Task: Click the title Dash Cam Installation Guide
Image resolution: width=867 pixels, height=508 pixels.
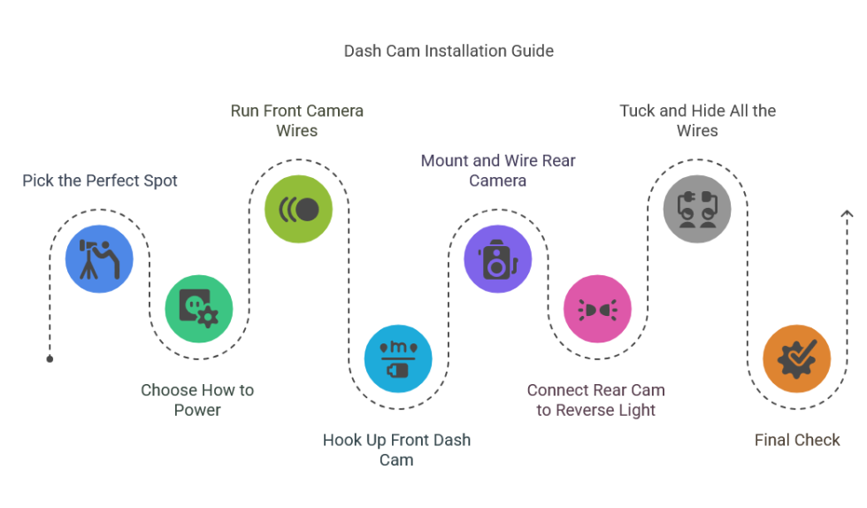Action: [449, 50]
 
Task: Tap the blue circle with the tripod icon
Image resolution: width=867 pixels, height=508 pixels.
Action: [99, 259]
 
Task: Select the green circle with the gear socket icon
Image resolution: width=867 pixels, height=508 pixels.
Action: [198, 309]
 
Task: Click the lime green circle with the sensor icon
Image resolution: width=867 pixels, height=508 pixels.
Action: [298, 210]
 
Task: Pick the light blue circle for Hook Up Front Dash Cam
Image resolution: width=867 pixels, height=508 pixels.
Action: [398, 358]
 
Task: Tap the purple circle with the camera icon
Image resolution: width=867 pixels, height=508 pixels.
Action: [497, 259]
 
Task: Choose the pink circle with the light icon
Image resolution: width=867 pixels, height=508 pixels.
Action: [597, 309]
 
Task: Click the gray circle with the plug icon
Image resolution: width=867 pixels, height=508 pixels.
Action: [697, 210]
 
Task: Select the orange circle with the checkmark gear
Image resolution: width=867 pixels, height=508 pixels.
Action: [796, 358]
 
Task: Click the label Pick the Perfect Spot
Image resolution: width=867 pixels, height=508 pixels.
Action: [100, 181]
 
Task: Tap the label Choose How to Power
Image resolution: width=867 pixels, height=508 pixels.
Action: [197, 400]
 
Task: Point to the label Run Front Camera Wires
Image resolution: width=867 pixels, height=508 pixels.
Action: [297, 120]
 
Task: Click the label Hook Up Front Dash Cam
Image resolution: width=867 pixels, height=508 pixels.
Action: [396, 450]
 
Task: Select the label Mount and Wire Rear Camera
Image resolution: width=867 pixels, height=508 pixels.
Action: [498, 170]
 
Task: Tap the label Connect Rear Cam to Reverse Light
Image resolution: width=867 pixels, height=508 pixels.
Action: [596, 400]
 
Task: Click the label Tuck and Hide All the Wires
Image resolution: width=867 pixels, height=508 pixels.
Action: [697, 120]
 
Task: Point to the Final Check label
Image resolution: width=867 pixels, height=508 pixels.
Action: [797, 440]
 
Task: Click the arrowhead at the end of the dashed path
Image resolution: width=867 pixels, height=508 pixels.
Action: [847, 213]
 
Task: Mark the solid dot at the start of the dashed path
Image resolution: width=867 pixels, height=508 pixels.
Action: [50, 358]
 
